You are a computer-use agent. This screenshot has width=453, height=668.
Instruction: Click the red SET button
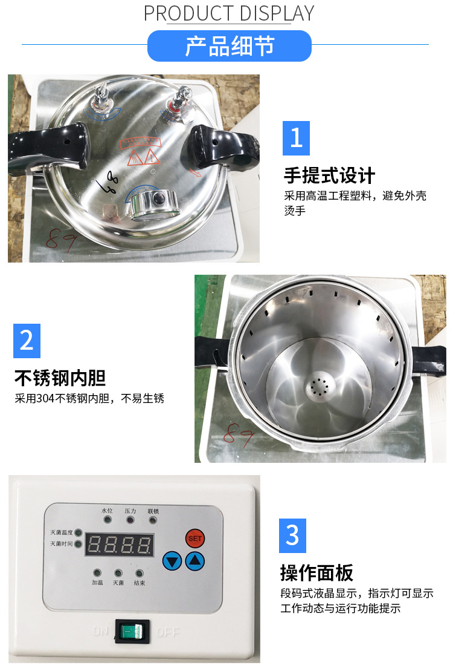tap(194, 538)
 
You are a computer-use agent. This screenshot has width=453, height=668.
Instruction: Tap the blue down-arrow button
tap(172, 562)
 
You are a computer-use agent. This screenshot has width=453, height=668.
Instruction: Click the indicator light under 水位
tap(108, 519)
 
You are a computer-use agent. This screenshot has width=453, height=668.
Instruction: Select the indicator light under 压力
tap(130, 519)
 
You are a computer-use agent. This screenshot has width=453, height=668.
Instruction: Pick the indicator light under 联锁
tap(153, 519)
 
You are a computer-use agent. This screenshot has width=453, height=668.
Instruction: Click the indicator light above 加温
tap(97, 572)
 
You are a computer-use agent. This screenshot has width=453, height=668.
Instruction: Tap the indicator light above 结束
tap(140, 572)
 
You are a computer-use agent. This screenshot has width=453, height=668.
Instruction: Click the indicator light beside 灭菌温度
tap(78, 533)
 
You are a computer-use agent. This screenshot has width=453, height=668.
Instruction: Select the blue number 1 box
tap(296, 138)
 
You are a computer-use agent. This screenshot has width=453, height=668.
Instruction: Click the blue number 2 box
tap(27, 341)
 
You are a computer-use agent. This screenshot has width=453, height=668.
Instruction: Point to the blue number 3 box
tap(292, 535)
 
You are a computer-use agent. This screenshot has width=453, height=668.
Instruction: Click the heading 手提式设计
tap(330, 175)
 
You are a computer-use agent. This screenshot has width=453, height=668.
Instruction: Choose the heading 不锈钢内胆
tap(60, 378)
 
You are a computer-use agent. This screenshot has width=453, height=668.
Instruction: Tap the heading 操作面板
tap(316, 572)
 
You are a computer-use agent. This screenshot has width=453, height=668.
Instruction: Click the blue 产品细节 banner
tap(230, 46)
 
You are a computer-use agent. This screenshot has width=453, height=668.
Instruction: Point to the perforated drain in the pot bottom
tap(318, 385)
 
